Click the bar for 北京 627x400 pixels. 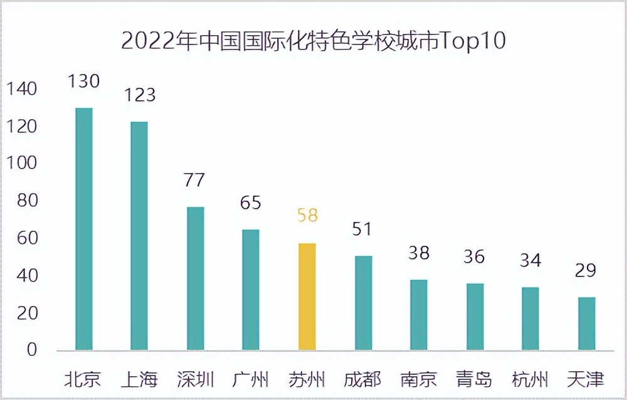click(x=83, y=229)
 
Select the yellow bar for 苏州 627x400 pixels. click(x=307, y=297)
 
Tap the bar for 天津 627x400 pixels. click(x=587, y=324)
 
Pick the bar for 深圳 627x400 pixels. click(x=196, y=278)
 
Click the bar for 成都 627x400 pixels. click(x=363, y=303)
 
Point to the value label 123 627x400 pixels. click(x=139, y=95)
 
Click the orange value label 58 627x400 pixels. click(x=307, y=216)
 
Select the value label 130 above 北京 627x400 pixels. click(x=84, y=81)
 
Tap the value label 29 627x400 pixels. click(x=587, y=271)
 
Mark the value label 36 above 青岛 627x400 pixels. click(x=475, y=257)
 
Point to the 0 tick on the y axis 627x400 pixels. click(x=31, y=350)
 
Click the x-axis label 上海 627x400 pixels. click(x=139, y=379)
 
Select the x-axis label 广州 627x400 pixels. click(x=251, y=379)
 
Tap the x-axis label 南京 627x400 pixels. click(x=419, y=379)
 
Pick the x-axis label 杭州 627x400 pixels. click(x=530, y=379)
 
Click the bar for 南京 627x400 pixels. click(x=419, y=315)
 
